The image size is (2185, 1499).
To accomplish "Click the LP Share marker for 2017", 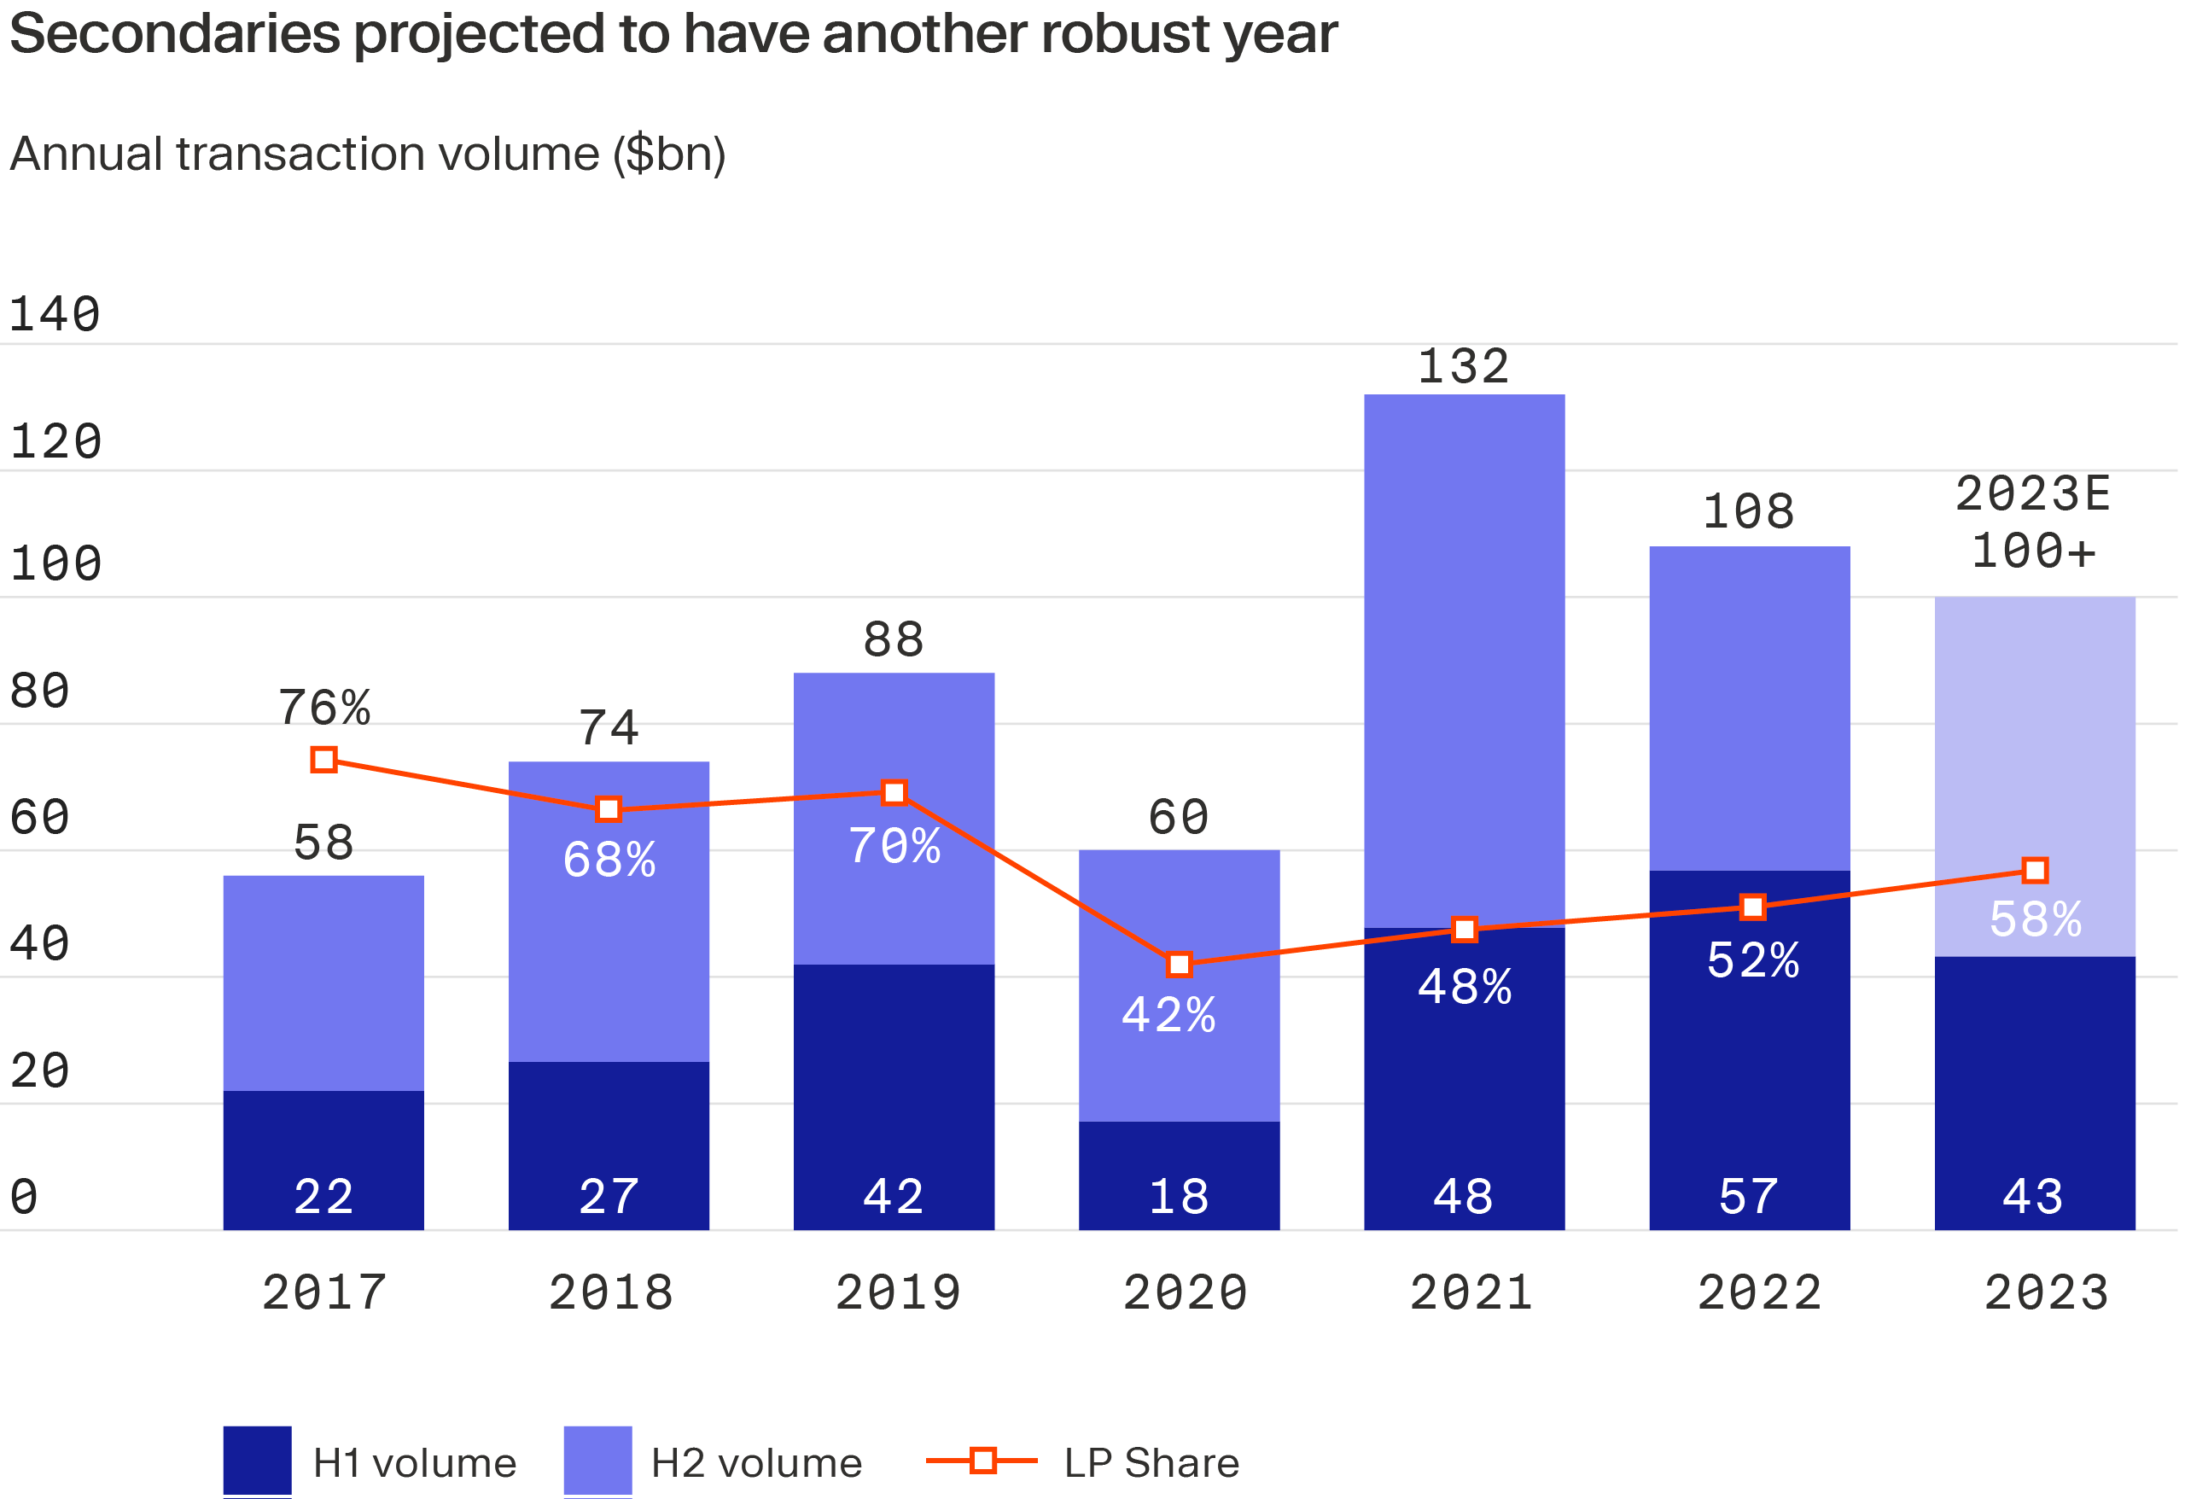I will click(x=324, y=760).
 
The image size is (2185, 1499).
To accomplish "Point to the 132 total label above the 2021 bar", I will click(x=1464, y=367).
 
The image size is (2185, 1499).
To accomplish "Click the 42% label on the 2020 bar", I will click(x=1168, y=1016).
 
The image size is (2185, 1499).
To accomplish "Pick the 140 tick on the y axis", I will click(x=55, y=315).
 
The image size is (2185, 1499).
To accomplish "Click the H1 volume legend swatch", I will click(x=257, y=1461).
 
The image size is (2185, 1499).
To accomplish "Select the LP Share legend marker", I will click(x=982, y=1461).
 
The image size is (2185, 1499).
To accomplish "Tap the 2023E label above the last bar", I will click(x=2034, y=494).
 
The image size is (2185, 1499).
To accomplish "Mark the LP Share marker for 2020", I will click(x=1179, y=965).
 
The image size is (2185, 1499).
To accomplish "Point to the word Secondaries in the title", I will click(x=175, y=35).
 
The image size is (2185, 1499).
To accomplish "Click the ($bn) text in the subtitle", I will click(x=669, y=155).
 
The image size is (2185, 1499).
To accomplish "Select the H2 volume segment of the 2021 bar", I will click(x=1464, y=658).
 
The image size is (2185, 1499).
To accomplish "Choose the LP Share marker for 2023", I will click(x=2036, y=871).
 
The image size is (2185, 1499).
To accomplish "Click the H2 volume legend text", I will click(x=756, y=1463).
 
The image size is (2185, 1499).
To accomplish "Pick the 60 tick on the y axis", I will click(x=39, y=817).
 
